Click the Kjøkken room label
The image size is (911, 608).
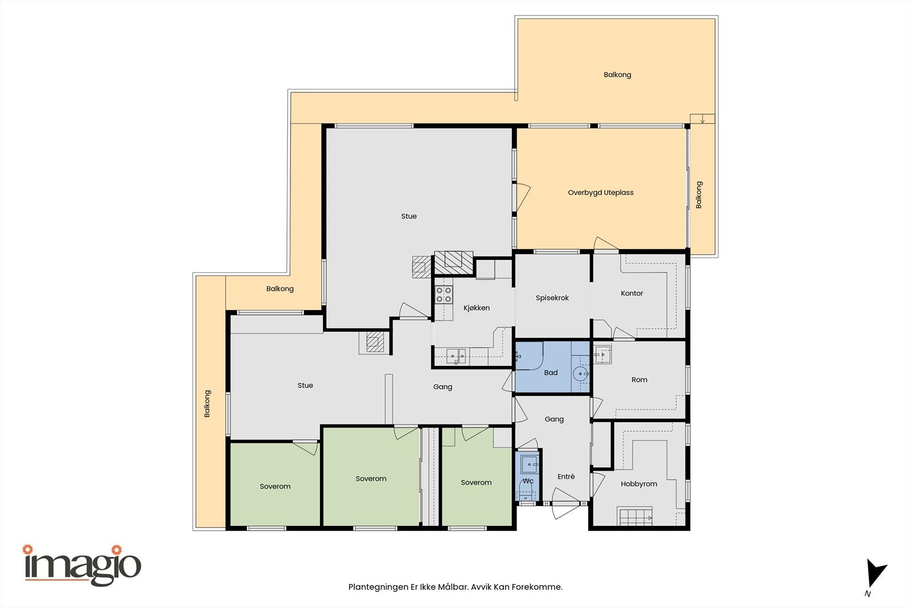tap(477, 308)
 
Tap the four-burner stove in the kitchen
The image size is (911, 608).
tap(444, 295)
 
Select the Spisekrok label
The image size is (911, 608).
tap(552, 298)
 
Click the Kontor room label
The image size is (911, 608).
tap(631, 293)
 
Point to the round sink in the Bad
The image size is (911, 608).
tap(580, 374)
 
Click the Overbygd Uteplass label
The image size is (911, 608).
tap(600, 193)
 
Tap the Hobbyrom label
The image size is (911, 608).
tap(639, 484)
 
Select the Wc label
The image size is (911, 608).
tap(528, 481)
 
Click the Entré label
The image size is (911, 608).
tap(566, 477)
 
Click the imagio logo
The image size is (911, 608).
tap(82, 565)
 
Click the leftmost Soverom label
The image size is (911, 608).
tap(275, 487)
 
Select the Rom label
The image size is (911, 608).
tap(639, 380)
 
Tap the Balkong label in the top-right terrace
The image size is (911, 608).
tap(617, 75)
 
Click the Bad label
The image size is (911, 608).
tap(551, 373)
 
